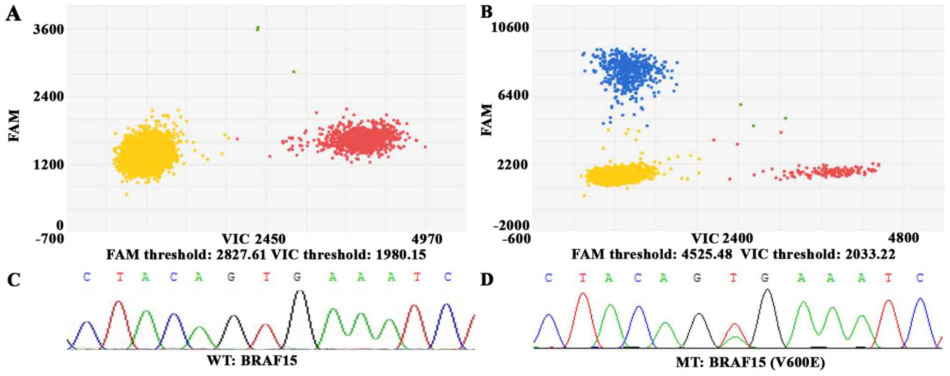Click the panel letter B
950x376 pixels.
tap(486, 12)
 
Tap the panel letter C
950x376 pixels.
tap(14, 280)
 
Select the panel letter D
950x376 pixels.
tap(487, 280)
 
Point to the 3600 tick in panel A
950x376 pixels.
tap(48, 29)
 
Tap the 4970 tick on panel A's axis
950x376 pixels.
tap(427, 239)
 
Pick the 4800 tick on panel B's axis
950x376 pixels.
tap(903, 238)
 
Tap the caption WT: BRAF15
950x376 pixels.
tap(252, 361)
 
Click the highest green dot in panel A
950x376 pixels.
tap(258, 29)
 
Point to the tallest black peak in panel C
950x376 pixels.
tap(300, 292)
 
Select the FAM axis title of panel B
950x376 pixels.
tap(487, 120)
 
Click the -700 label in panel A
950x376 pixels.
tap(50, 239)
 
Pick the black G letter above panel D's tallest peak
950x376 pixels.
tap(764, 278)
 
